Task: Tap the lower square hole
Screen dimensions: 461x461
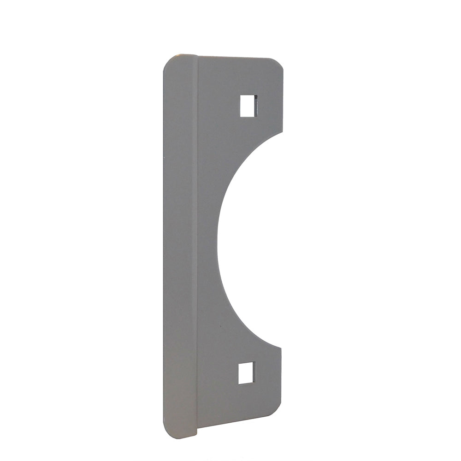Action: [x=246, y=372]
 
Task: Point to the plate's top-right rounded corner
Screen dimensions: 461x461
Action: [x=278, y=63]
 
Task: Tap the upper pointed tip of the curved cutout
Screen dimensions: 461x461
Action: [x=282, y=132]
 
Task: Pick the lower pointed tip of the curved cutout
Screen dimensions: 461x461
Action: [x=280, y=348]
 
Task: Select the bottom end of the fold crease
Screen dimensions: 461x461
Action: [x=197, y=434]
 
